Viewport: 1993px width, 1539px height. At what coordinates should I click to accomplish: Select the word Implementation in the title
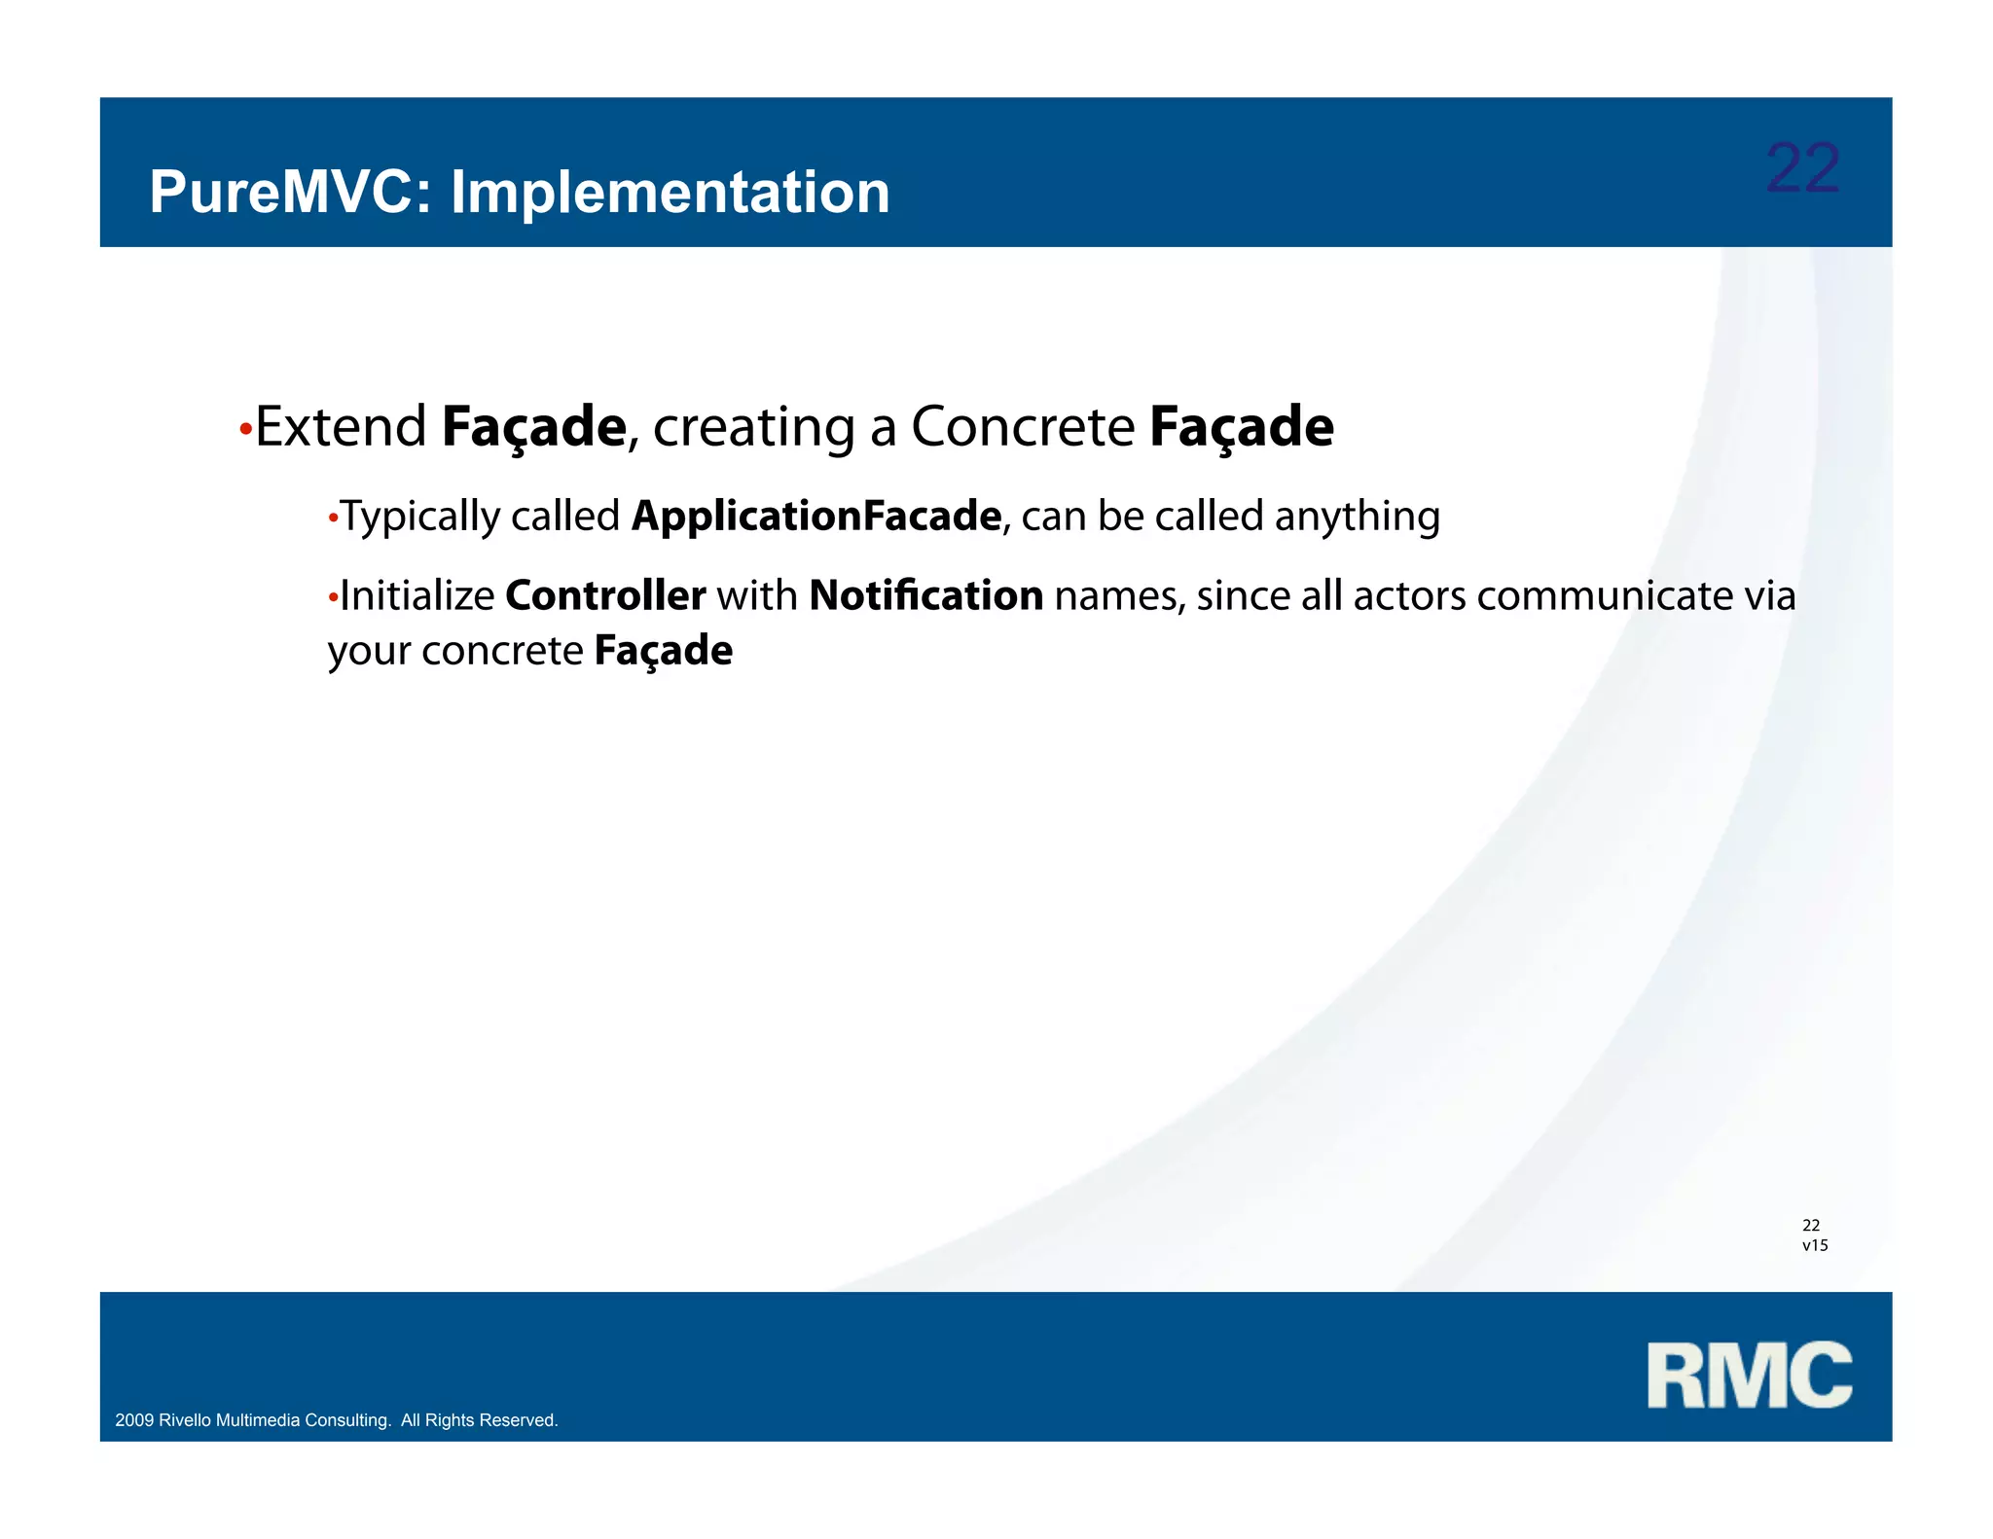[670, 193]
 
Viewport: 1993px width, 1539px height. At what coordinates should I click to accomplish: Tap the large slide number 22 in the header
[1801, 168]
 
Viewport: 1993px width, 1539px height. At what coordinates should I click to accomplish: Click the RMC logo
[1749, 1375]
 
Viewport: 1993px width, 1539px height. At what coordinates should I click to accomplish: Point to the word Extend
[341, 427]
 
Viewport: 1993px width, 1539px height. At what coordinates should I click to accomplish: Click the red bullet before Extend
[245, 429]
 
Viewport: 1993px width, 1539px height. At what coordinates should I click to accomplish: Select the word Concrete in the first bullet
[1022, 427]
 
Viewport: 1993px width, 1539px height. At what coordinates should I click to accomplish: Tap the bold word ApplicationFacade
[815, 517]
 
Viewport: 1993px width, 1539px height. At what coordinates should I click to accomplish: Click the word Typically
[419, 517]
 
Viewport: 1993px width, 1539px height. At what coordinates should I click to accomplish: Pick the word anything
[1357, 517]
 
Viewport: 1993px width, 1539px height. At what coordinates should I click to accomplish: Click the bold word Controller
[605, 595]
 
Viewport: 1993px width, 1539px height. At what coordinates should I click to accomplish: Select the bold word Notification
[925, 595]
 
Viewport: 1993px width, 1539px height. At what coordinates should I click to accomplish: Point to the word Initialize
[417, 595]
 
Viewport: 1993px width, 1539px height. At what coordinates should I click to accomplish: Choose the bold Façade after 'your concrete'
[663, 651]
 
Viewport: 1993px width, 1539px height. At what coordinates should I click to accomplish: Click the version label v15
[1815, 1245]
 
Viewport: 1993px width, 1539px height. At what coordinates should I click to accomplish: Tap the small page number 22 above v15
[1811, 1225]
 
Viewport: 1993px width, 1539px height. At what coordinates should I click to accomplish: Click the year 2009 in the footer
[134, 1420]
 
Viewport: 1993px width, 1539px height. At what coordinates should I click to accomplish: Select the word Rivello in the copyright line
[185, 1420]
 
